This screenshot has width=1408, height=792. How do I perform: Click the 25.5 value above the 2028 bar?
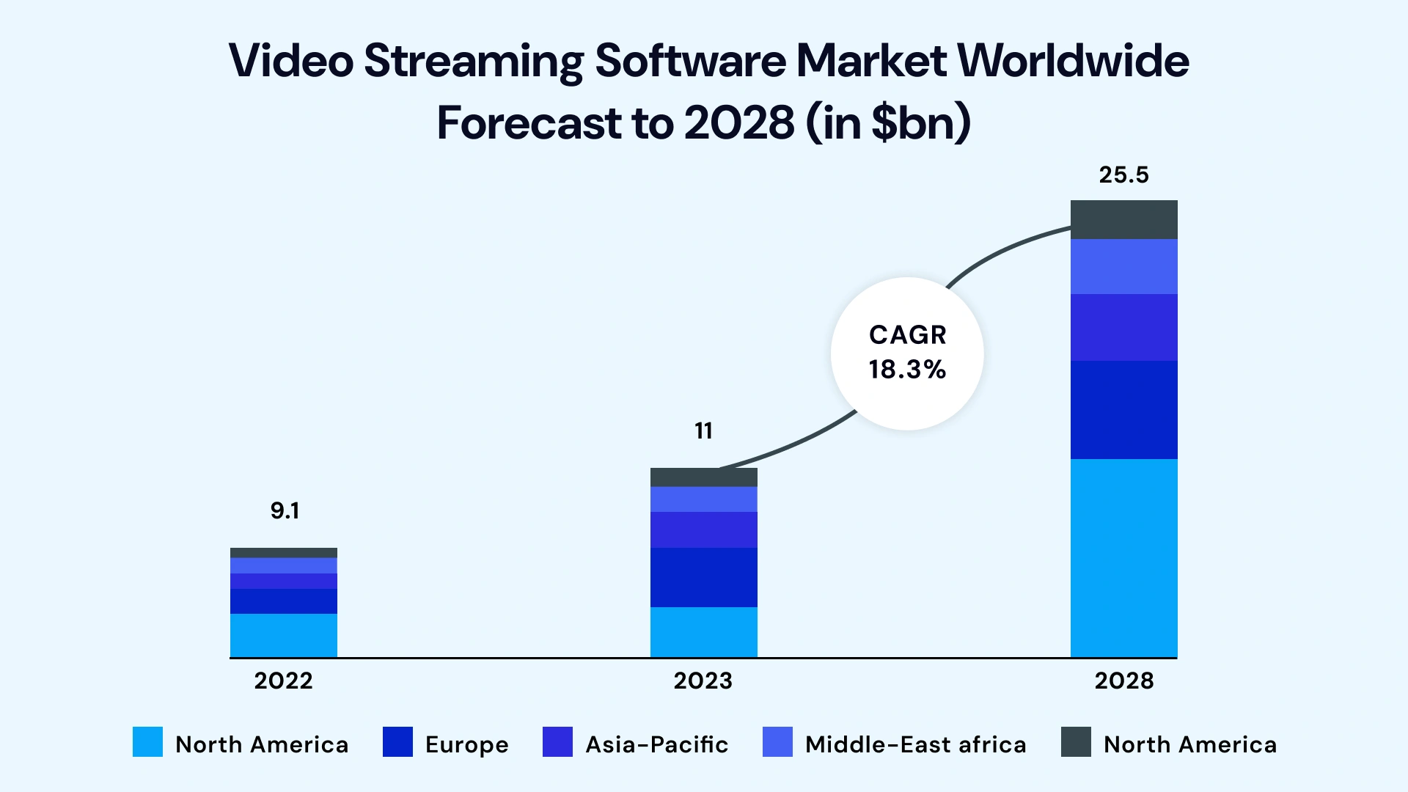1123,175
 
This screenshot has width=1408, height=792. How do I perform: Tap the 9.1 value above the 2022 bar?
285,510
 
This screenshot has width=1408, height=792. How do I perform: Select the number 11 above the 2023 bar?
703,430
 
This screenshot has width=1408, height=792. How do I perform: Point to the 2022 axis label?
283,681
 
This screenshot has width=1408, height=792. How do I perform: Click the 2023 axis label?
703,681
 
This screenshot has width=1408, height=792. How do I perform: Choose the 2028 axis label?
1123,681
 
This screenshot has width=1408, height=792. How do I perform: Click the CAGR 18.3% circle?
907,353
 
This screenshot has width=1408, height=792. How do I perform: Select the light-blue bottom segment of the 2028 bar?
1123,557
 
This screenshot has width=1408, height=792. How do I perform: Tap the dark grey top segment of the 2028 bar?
1123,219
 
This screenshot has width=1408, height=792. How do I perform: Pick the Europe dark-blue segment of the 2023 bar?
703,577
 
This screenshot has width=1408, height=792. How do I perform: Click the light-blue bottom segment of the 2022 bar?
283,635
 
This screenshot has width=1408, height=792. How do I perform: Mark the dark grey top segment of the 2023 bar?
703,477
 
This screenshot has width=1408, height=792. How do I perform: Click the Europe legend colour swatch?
397,741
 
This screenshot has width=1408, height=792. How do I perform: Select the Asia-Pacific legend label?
656,744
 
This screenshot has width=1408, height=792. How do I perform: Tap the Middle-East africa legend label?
915,744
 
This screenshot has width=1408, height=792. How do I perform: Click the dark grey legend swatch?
1076,741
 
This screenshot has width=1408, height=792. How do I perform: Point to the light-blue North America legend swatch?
147,741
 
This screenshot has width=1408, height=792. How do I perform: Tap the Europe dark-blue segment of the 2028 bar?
1123,409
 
